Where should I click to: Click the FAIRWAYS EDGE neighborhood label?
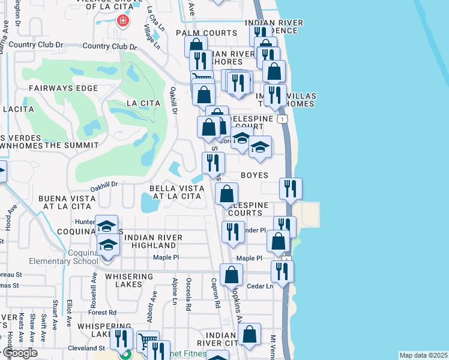tap(62, 88)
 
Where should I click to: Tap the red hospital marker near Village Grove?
tap(123, 22)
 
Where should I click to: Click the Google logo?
tap(20, 353)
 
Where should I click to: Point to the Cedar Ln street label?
tap(260, 286)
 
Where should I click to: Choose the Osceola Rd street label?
tap(188, 298)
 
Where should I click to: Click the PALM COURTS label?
tap(206, 33)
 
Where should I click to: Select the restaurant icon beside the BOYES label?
tap(291, 188)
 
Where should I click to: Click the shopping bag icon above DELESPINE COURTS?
tap(227, 193)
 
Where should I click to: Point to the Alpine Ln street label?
tap(175, 290)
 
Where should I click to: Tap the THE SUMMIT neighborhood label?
tap(71, 145)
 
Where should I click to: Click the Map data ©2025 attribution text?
tap(423, 355)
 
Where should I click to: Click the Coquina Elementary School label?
tap(64, 256)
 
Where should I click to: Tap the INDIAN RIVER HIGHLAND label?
tap(150, 241)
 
